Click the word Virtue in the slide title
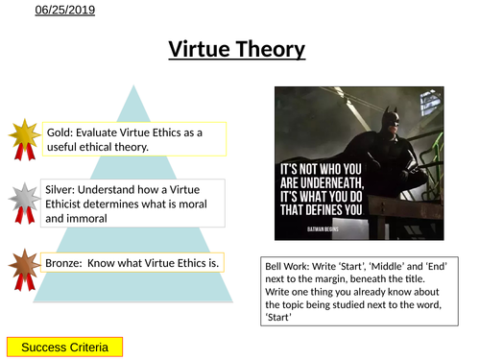[200, 49]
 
